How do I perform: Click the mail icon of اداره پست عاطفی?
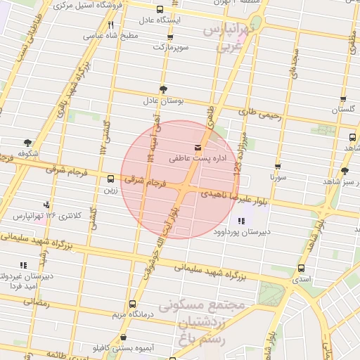tap(197, 148)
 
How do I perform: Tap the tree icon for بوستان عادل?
tap(164, 89)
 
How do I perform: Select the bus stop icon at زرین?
tap(110, 179)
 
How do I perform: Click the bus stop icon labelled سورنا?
tap(278, 167)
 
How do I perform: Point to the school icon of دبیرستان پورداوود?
tap(242, 221)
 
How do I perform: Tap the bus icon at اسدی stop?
tap(302, 268)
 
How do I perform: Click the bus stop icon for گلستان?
tap(342, 100)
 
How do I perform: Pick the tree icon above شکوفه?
tap(27, 142)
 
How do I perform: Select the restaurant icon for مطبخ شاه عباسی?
tap(110, 25)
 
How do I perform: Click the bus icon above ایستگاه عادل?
tap(160, 10)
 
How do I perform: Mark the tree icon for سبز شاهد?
tap(345, 171)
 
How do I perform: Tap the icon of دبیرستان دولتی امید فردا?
tap(23, 265)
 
